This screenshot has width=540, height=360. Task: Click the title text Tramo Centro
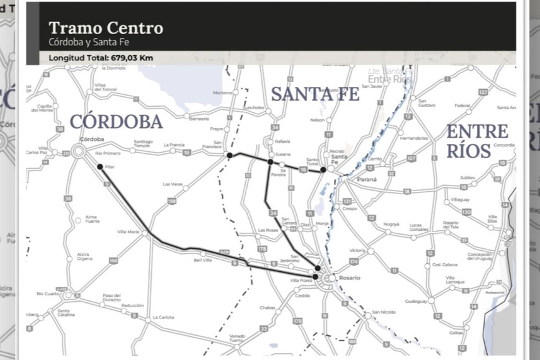(x=106, y=28)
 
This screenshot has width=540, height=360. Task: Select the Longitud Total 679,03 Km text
(x=101, y=58)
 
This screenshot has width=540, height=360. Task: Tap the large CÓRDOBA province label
(x=116, y=122)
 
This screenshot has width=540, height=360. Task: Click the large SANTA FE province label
(x=315, y=94)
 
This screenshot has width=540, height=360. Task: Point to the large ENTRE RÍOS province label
(x=477, y=141)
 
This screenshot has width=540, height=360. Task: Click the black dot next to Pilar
(x=100, y=166)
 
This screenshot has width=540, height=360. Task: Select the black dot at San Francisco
(x=230, y=155)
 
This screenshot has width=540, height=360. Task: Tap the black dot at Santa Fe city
(x=323, y=169)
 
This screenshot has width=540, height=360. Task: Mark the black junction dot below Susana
(x=270, y=161)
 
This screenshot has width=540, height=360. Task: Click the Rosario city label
(x=349, y=277)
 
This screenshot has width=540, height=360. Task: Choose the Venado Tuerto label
(x=236, y=338)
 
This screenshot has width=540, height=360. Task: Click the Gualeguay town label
(x=416, y=300)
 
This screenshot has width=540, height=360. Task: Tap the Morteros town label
(x=223, y=92)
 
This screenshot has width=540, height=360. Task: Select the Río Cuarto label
(x=47, y=293)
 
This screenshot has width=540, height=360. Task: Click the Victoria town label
(x=358, y=250)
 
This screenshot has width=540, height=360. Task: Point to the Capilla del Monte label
(x=44, y=108)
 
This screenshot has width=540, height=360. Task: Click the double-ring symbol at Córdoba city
(x=79, y=150)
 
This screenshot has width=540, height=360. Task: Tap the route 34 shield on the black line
(x=273, y=213)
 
